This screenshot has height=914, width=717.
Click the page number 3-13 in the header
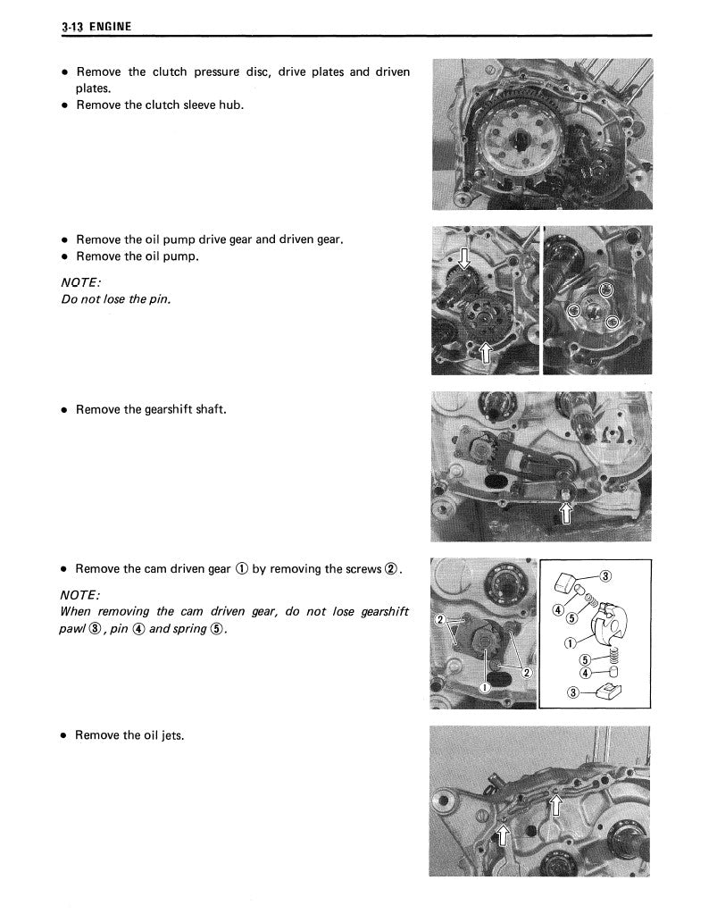73,28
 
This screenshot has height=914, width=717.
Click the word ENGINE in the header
110,28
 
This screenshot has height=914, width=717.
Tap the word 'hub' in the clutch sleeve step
232,105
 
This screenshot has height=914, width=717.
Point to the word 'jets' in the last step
170,735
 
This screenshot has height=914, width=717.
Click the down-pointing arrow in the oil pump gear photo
463,260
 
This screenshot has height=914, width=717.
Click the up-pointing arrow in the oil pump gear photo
485,352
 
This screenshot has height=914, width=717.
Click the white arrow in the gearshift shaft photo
565,511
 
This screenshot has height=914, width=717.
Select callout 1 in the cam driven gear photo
483,686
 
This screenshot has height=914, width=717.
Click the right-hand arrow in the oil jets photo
554,806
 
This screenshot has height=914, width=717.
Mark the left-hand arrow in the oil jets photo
502,836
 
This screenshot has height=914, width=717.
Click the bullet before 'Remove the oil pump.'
64,256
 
